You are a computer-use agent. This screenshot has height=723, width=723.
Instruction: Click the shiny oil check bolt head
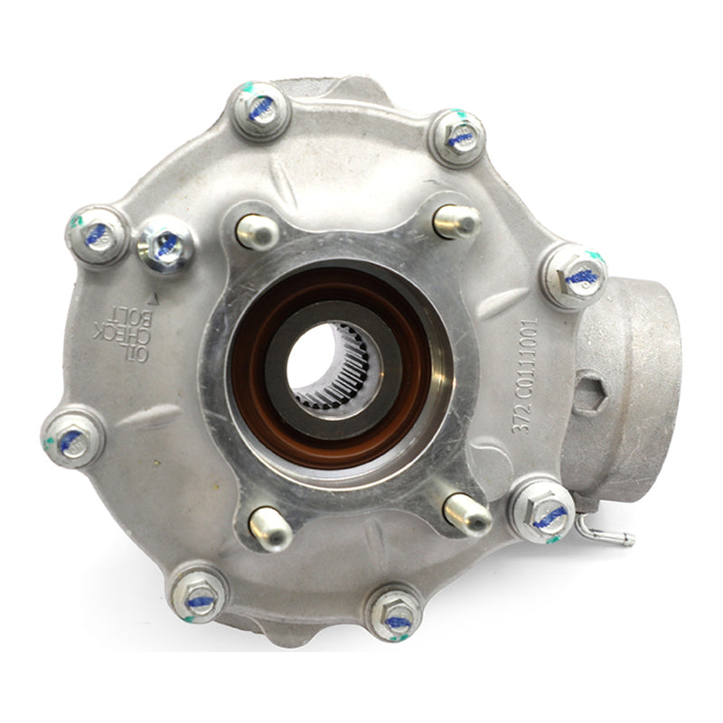click(x=165, y=244)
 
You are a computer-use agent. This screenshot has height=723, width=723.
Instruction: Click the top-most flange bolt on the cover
click(x=260, y=109)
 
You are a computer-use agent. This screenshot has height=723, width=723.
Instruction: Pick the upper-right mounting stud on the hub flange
click(x=457, y=221)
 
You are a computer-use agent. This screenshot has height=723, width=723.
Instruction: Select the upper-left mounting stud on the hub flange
click(x=256, y=231)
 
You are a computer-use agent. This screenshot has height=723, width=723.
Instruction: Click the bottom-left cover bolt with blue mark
click(x=199, y=592)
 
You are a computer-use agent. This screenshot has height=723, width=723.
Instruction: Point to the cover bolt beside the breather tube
click(x=542, y=511)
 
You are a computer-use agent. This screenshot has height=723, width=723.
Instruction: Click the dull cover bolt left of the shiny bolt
click(x=97, y=234)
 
